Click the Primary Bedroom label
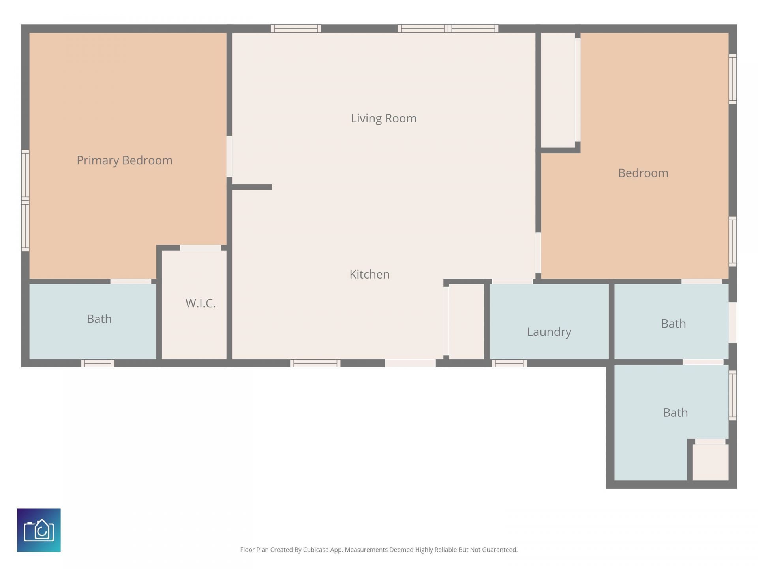[124, 160]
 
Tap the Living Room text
[383, 118]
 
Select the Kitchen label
[370, 274]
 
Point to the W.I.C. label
[201, 303]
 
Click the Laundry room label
[549, 332]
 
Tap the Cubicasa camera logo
[39, 530]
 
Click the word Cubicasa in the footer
[316, 550]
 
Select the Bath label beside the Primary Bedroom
[99, 319]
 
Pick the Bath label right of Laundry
[674, 324]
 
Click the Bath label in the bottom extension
[675, 413]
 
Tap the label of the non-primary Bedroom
[643, 173]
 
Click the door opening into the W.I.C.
[201, 248]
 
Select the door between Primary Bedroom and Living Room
[229, 156]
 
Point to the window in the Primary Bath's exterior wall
[98, 363]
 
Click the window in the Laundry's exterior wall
[509, 363]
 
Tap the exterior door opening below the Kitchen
[410, 363]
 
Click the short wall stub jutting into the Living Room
[252, 187]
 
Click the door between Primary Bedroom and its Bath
[131, 281]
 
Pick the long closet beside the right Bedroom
[557, 90]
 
